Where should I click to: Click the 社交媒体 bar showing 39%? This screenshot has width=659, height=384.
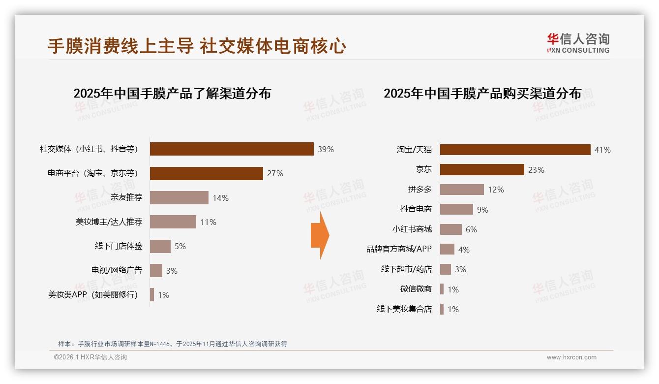click(232, 149)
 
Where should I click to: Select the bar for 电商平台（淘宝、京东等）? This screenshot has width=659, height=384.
click(206, 173)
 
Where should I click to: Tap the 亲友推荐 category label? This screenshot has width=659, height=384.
click(126, 198)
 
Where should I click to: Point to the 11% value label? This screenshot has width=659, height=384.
click(208, 222)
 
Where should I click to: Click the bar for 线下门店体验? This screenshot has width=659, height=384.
click(160, 246)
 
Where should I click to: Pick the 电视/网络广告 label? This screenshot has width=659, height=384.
click(117, 270)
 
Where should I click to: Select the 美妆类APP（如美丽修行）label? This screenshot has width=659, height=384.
click(93, 295)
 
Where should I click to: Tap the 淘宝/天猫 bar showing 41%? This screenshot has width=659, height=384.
click(515, 150)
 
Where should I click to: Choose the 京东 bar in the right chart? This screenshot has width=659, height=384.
click(482, 170)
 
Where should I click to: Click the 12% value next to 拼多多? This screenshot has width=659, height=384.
click(496, 190)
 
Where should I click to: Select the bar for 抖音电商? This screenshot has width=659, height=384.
click(456, 209)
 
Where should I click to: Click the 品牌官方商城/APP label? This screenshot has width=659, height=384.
click(399, 249)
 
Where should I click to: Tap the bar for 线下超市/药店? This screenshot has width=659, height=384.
click(446, 269)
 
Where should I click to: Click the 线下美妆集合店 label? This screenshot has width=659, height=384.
click(404, 309)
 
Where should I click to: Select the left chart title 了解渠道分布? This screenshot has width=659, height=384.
click(172, 94)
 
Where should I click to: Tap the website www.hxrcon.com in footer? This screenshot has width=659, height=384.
click(571, 357)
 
